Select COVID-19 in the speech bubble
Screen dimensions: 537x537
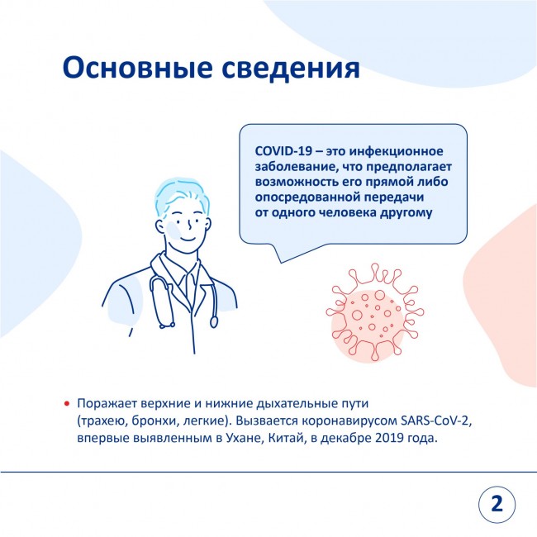click(x=283, y=151)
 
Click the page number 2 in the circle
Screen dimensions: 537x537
click(x=497, y=504)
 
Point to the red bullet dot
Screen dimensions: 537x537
click(x=67, y=404)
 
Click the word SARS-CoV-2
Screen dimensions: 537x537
click(x=436, y=421)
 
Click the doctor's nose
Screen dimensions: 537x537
click(x=189, y=226)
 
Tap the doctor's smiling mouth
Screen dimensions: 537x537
click(x=188, y=239)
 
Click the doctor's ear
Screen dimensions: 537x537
click(x=160, y=226)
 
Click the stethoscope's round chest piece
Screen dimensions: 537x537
click(x=214, y=321)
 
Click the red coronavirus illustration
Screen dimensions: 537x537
click(x=375, y=312)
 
